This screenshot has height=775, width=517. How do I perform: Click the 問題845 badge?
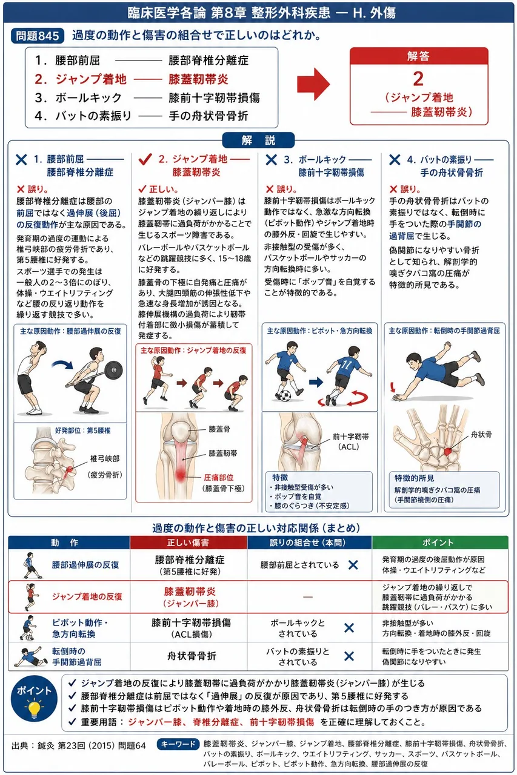pos(38,36)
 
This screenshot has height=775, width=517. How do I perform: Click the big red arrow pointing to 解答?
pos(313,84)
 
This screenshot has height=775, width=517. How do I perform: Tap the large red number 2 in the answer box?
pos(418,79)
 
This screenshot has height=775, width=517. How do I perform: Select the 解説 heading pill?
pos(258,140)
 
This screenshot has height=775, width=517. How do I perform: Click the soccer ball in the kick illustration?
pos(285,395)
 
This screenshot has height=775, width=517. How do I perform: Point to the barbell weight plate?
pos(113,369)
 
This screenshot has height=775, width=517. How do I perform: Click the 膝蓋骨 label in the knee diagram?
pos(219,429)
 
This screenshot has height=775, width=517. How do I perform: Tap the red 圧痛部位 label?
pos(218,478)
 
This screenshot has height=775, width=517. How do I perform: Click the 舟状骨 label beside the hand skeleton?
pos(481,435)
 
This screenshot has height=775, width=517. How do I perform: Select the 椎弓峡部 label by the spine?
pos(105,459)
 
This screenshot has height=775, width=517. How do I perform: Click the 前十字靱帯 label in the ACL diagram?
pos(350,437)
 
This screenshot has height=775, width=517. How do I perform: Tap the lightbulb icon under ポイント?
pos(33,707)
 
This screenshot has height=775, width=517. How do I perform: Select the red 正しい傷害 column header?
pos(188,542)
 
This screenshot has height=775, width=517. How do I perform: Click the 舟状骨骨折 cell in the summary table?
pos(192,656)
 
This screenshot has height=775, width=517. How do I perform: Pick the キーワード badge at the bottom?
pos(179,744)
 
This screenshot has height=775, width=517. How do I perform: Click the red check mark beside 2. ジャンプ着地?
pos(145,159)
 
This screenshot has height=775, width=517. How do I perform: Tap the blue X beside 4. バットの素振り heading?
pos(395,159)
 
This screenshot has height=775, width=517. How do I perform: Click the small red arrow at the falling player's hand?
pos(393,387)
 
